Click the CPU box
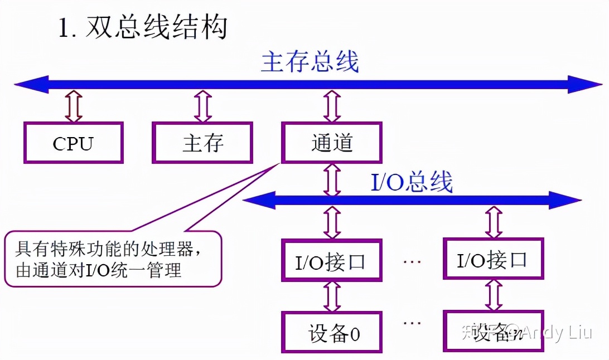[73, 143]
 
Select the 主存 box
[202, 143]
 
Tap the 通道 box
[332, 143]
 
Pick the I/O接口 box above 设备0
[332, 260]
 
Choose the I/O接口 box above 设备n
[493, 259]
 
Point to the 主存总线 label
[310, 62]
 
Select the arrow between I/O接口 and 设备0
[332, 295]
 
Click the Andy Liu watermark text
[558, 333]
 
